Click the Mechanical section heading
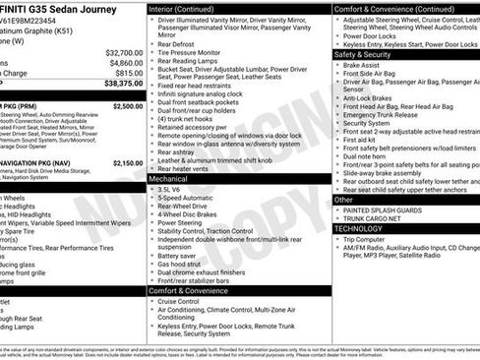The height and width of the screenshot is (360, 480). tap(169, 180)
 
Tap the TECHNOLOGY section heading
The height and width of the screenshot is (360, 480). tap(359, 227)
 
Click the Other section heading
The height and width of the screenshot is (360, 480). tap(343, 199)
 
